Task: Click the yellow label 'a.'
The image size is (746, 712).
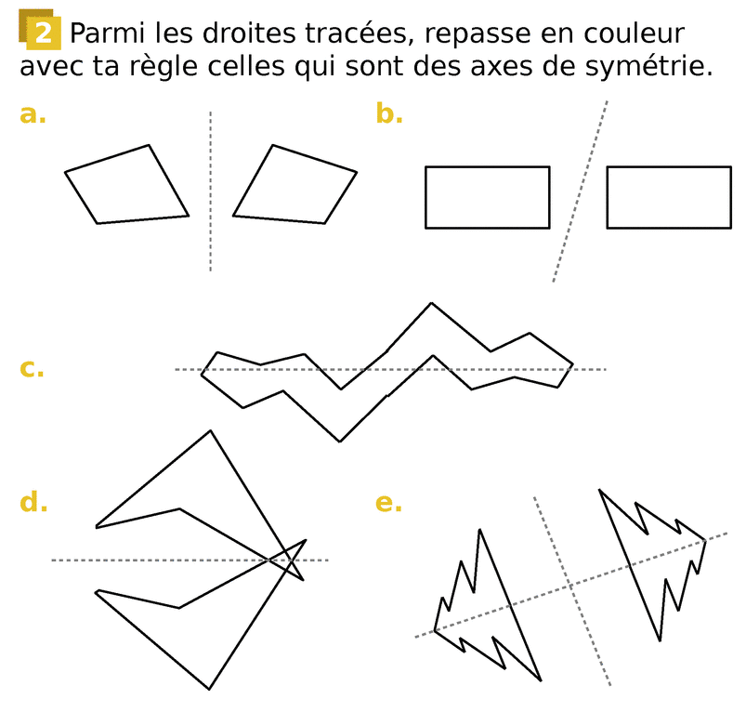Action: click(33, 114)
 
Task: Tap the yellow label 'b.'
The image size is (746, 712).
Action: click(389, 113)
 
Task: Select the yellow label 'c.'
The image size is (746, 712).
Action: click(32, 368)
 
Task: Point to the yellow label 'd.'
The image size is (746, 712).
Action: click(33, 502)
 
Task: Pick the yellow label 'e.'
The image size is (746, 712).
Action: click(388, 503)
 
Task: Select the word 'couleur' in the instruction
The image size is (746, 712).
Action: click(635, 33)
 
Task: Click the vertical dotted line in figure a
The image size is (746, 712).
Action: click(211, 191)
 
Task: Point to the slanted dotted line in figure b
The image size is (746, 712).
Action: click(580, 191)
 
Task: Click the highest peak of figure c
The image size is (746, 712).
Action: click(431, 303)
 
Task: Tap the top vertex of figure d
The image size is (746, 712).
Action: click(210, 430)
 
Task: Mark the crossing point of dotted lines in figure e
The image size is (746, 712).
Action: click(569, 586)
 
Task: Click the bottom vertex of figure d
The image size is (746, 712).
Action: click(209, 689)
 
